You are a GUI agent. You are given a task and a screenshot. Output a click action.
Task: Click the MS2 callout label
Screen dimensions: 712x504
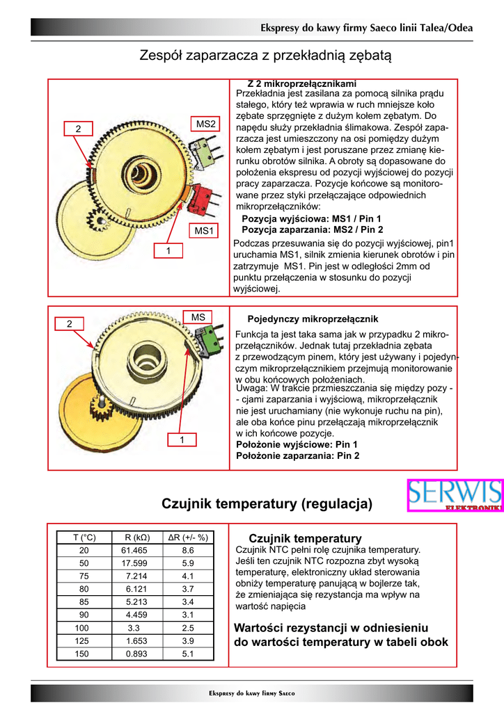pos(206,124)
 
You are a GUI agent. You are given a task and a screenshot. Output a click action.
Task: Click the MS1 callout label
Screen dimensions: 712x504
pos(205,230)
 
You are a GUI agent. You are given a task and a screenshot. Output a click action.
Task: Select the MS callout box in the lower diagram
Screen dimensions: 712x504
pos(198,318)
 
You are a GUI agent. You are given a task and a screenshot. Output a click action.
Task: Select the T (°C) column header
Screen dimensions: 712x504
pos(84,537)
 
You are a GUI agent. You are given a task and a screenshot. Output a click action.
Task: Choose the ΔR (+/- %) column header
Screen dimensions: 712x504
pos(188,537)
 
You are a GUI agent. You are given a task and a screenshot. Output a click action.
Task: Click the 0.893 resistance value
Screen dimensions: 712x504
pos(134,654)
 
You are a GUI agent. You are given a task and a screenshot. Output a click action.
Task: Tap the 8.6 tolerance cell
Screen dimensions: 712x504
pos(188,550)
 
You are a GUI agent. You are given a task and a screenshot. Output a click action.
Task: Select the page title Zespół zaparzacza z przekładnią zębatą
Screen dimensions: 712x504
pos(266,54)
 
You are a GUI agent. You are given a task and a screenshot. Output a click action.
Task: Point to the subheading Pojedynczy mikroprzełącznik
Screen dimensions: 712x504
pos(313,319)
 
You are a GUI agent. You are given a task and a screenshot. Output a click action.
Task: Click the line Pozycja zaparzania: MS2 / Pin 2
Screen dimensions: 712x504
pos(312,229)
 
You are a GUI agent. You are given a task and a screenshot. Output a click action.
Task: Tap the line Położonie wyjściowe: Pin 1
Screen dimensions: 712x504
pos(297,444)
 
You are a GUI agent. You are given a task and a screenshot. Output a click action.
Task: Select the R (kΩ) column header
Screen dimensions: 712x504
pos(134,537)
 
